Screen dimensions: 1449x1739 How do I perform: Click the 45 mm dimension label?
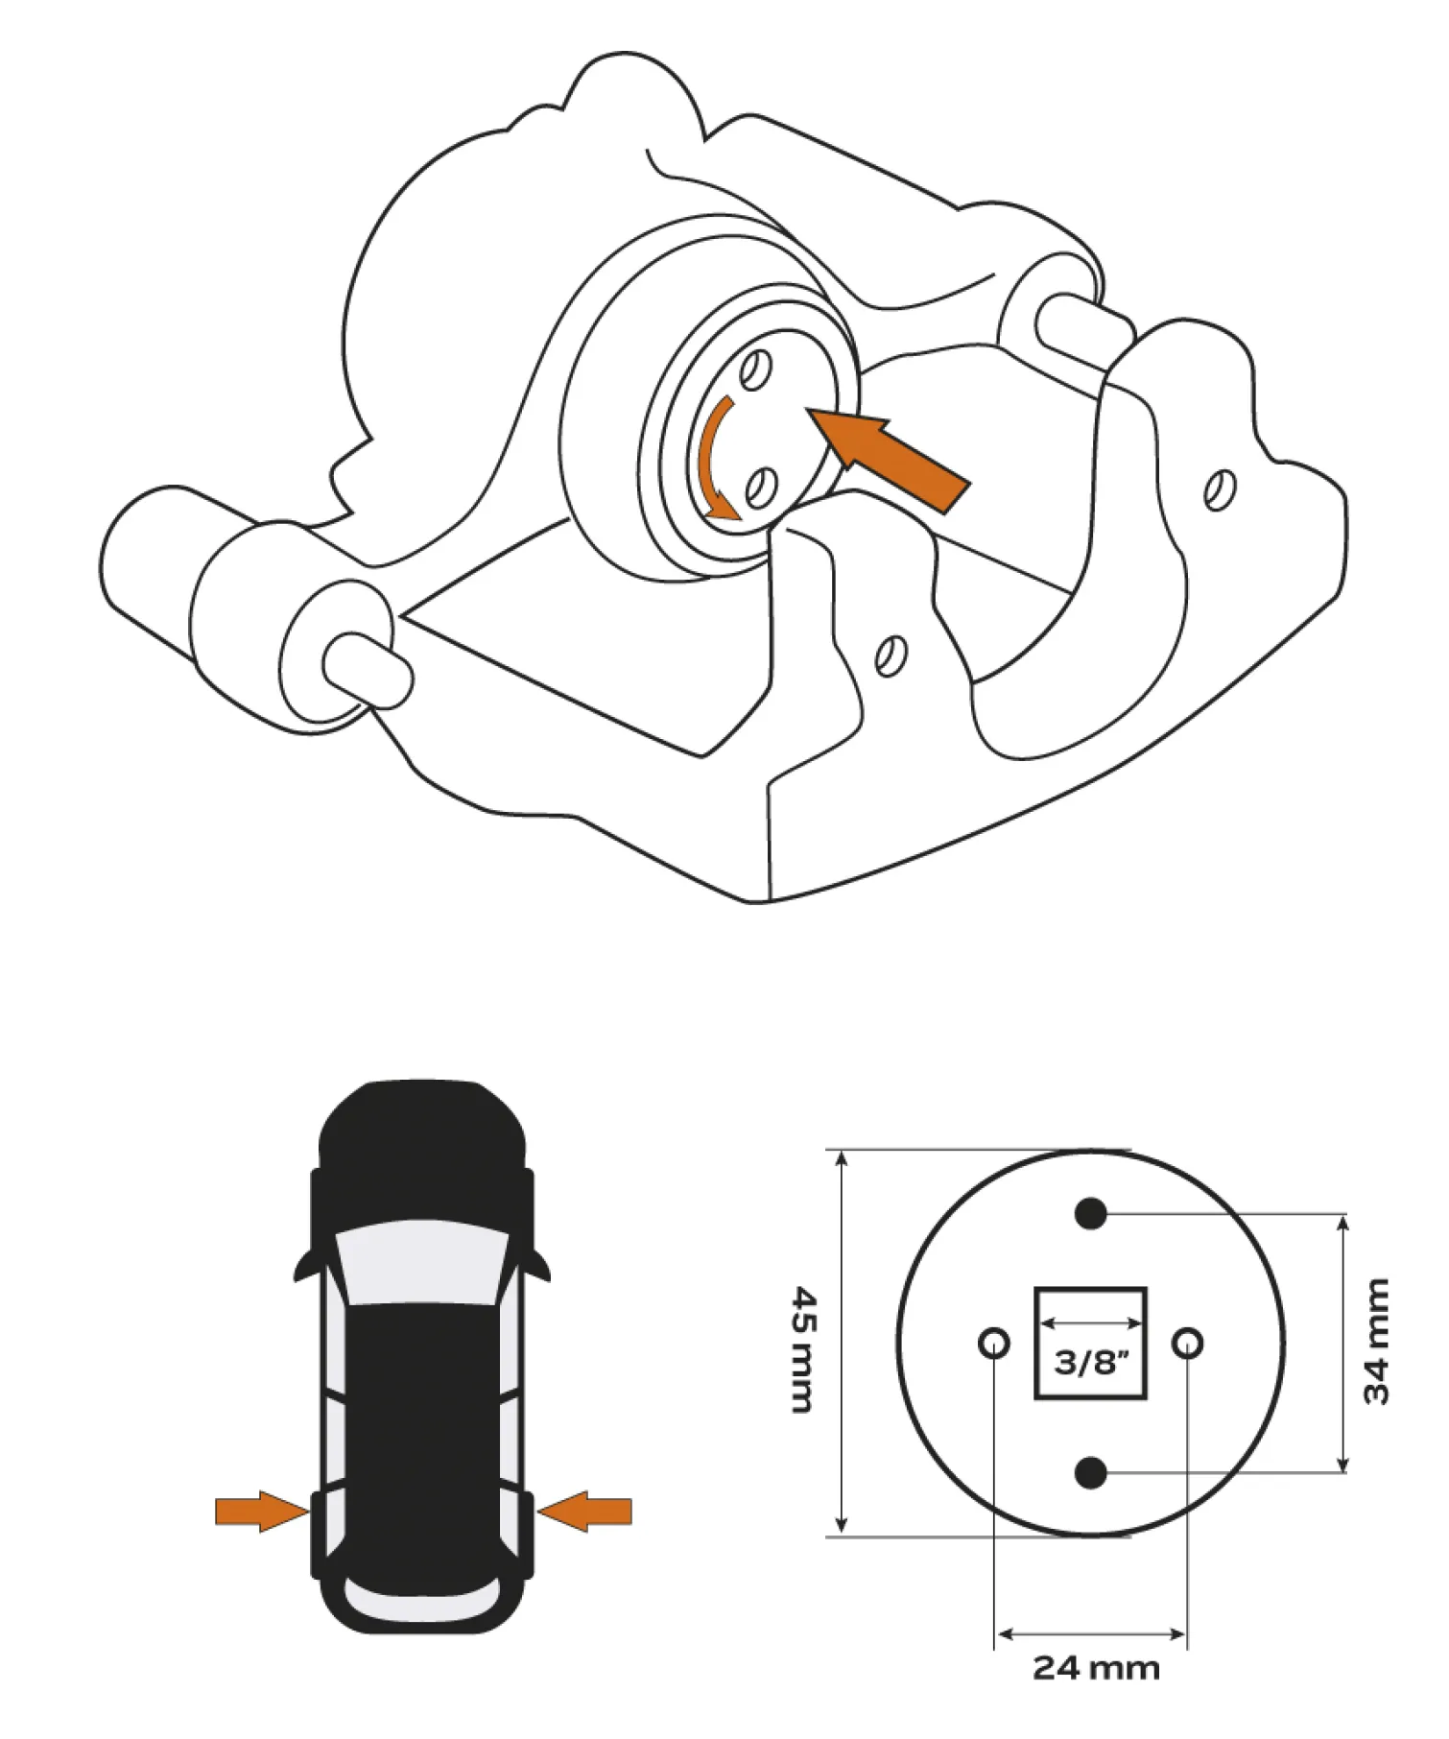pyautogui.click(x=804, y=1349)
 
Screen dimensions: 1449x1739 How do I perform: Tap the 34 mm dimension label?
pyautogui.click(x=1376, y=1342)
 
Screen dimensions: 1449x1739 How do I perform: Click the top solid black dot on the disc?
pyautogui.click(x=1091, y=1214)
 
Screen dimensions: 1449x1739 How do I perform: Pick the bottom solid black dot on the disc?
pyautogui.click(x=1091, y=1471)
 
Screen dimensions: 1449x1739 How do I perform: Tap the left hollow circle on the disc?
pyautogui.click(x=994, y=1342)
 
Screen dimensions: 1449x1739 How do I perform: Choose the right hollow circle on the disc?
pyautogui.click(x=1188, y=1342)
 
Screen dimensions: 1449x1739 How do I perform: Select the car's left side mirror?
pyautogui.click(x=304, y=1266)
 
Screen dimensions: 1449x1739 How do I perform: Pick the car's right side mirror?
pyautogui.click(x=539, y=1266)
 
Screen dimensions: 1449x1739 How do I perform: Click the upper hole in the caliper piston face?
pyautogui.click(x=756, y=369)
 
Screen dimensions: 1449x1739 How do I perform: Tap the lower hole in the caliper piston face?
pyautogui.click(x=763, y=488)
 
